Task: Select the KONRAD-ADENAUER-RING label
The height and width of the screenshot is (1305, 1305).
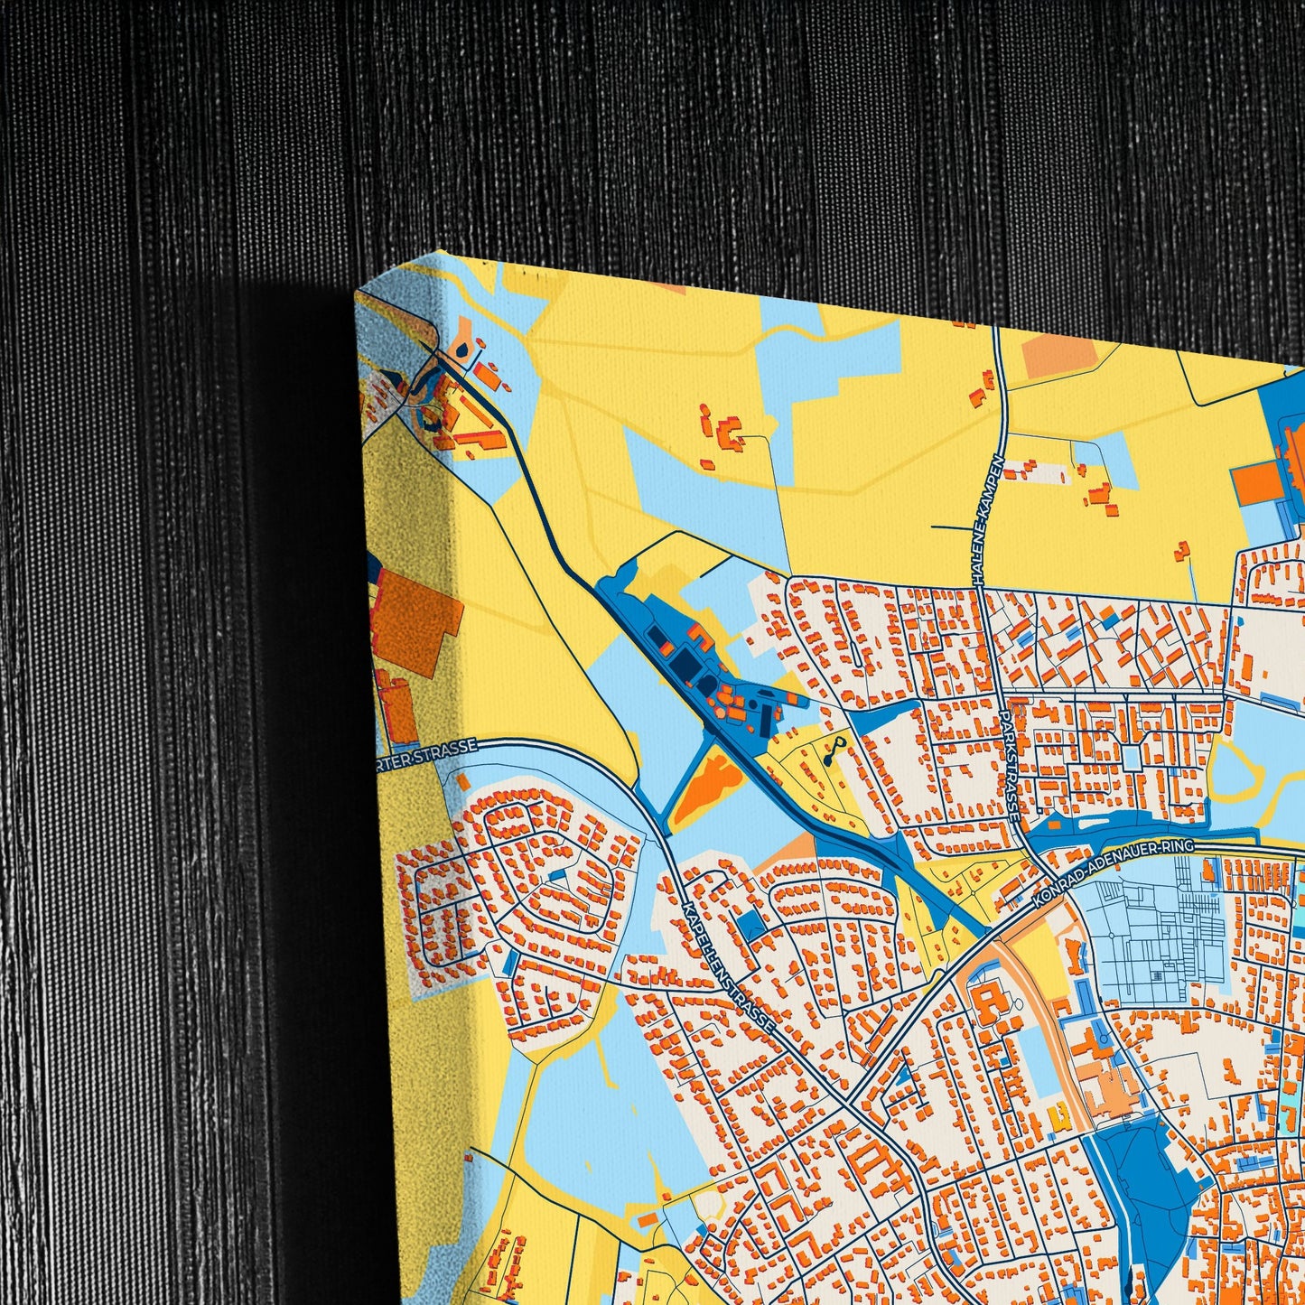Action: [1115, 872]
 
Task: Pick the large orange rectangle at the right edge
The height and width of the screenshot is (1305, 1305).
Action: [1264, 484]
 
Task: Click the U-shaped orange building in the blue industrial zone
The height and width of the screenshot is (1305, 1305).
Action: [696, 636]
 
